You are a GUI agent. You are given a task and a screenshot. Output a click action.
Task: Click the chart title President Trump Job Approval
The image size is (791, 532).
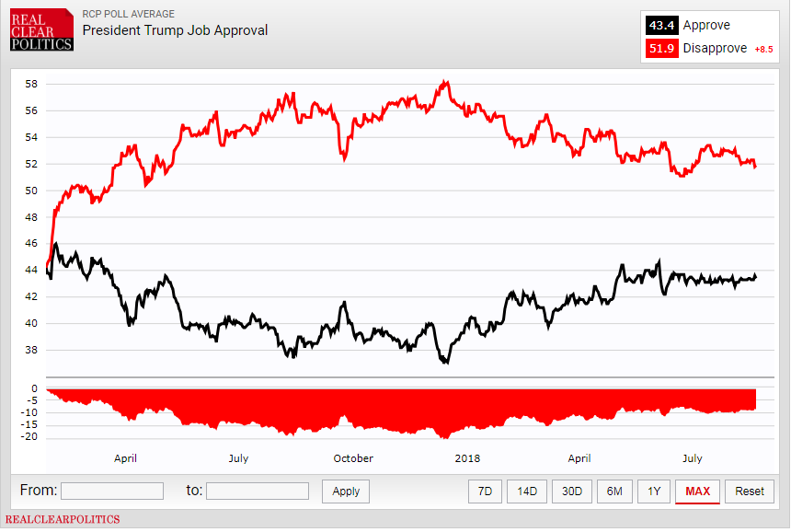175,30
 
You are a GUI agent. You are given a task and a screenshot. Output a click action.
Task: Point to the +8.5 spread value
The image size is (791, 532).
764,50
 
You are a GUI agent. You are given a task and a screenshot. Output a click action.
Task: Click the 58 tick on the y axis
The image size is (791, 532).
30,84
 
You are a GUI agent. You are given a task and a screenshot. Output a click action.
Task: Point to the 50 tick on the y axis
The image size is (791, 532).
30,191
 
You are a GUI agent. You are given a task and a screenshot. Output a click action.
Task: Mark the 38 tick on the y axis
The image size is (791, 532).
30,350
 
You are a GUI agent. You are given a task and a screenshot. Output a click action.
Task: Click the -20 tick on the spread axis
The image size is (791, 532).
30,437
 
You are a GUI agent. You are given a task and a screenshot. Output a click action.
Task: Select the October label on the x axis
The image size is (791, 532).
353,458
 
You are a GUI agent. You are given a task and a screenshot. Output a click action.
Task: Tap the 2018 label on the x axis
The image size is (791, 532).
468,458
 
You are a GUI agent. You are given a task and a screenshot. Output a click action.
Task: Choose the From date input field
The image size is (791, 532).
112,492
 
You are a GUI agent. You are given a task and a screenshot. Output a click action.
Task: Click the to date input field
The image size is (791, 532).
258,492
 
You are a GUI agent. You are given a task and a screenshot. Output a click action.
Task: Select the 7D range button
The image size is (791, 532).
486,492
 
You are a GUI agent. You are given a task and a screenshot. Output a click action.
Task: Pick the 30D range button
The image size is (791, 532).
571,492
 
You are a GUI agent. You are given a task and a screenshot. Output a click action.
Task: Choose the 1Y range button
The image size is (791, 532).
654,492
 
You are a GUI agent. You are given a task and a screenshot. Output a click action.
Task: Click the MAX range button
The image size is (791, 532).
697,492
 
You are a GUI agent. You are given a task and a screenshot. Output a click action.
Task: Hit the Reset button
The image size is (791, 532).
750,492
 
